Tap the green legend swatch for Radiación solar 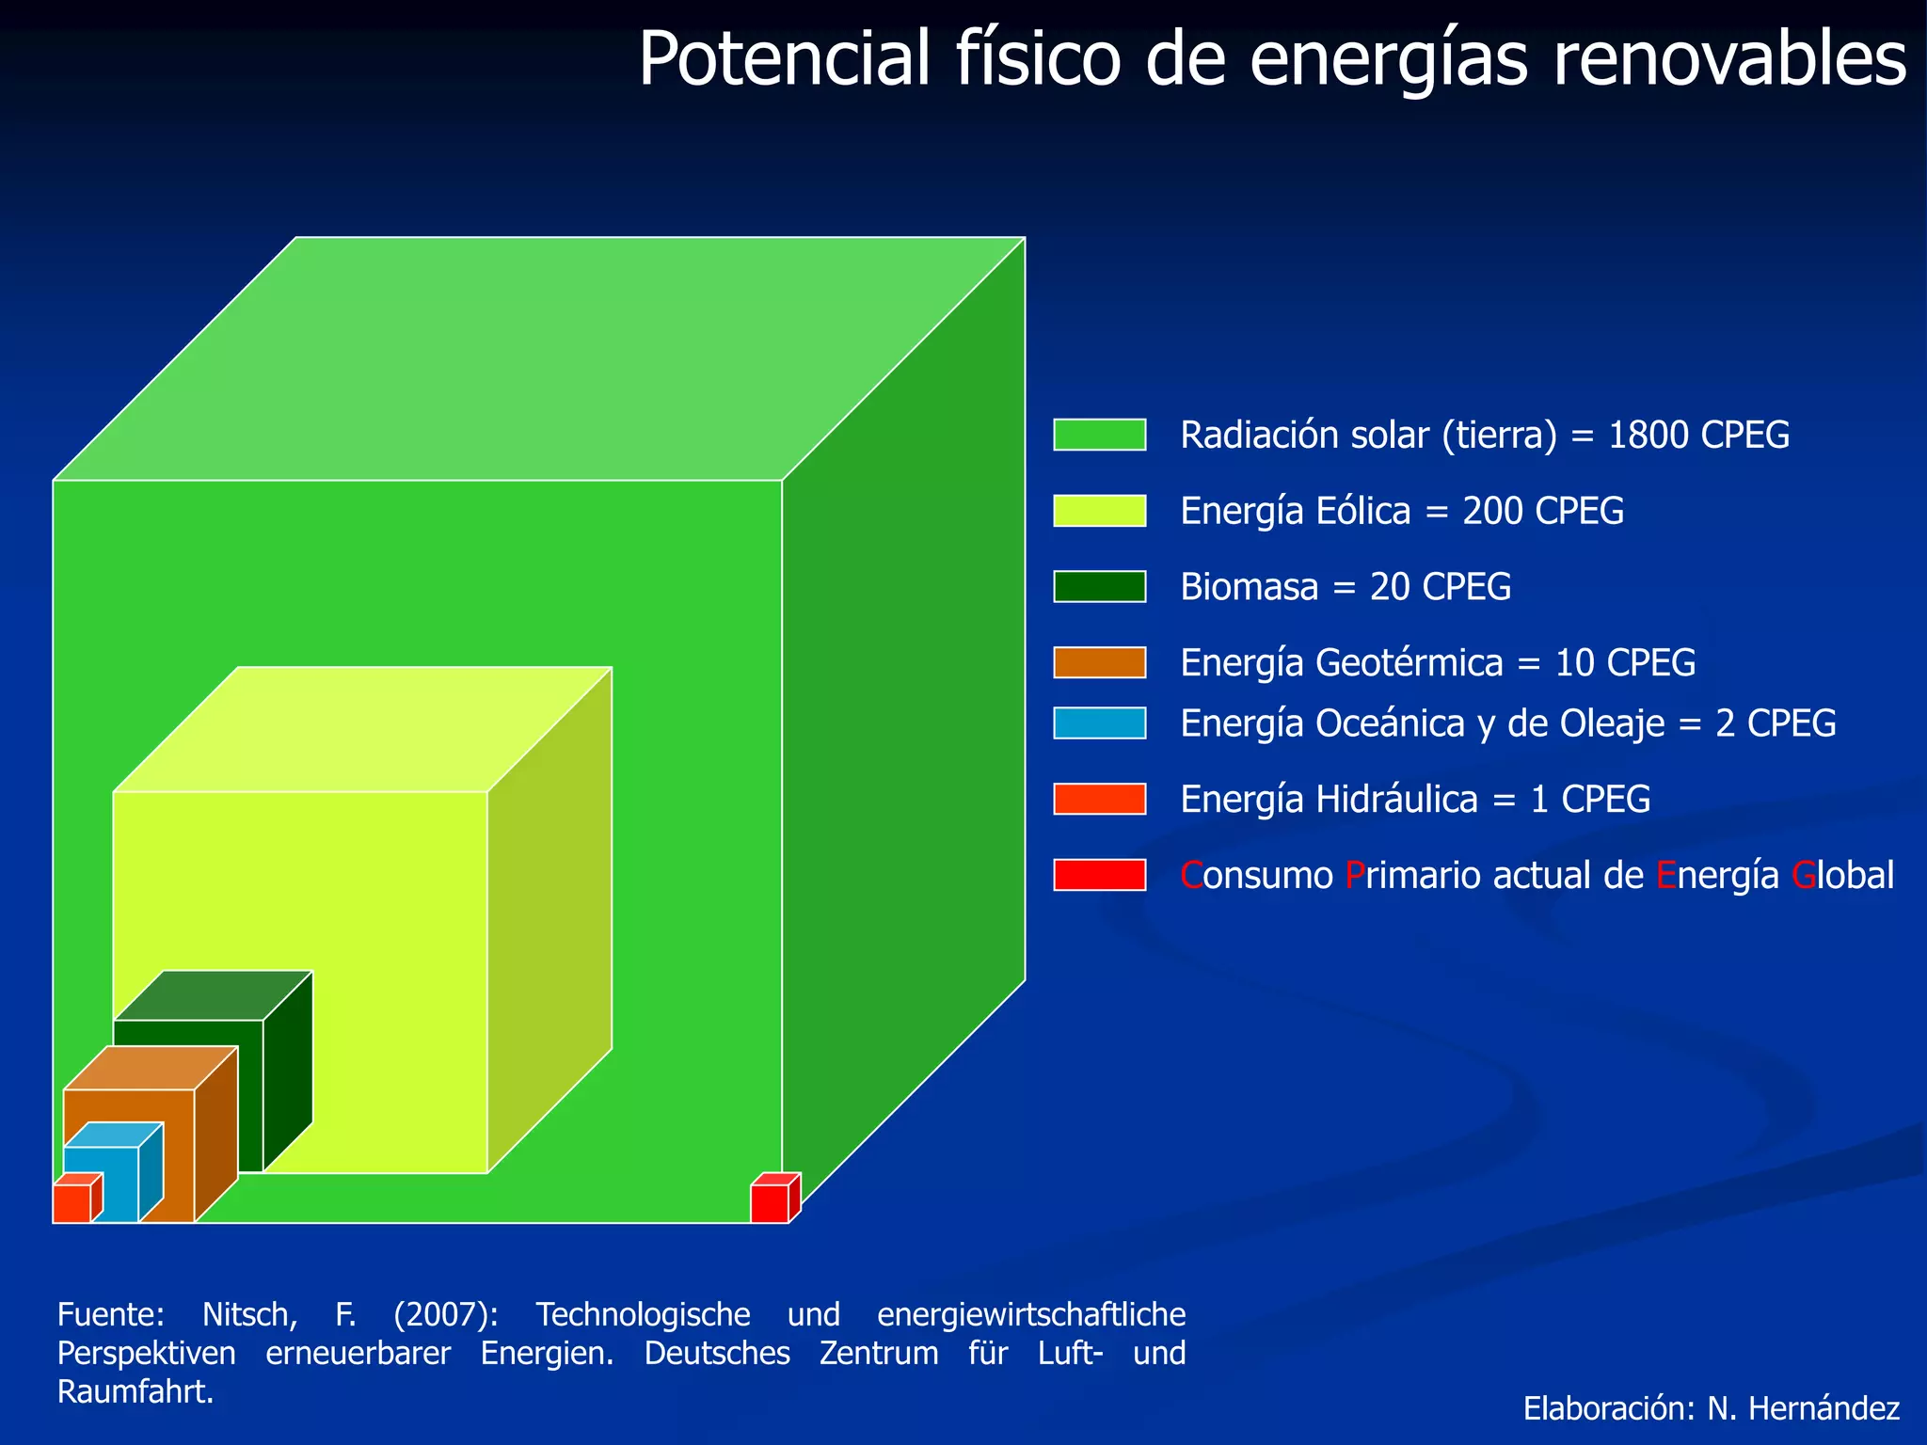click(x=1099, y=435)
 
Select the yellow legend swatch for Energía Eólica click(x=1099, y=511)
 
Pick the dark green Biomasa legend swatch click(x=1099, y=586)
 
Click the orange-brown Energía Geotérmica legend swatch click(x=1099, y=662)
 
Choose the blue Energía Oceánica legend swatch click(x=1099, y=722)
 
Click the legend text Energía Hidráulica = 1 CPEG click(x=1415, y=799)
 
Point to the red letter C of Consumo click(x=1191, y=876)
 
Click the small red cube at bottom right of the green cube click(x=770, y=1203)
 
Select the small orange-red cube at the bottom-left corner click(x=72, y=1203)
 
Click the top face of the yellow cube click(x=362, y=729)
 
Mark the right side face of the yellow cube click(x=549, y=922)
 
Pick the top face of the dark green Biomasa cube click(x=213, y=994)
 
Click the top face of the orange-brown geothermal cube click(x=151, y=1068)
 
